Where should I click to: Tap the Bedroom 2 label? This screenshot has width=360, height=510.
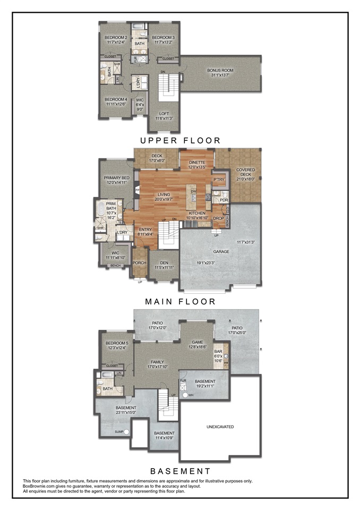click(x=115, y=38)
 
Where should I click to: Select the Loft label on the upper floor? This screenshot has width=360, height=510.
click(x=164, y=114)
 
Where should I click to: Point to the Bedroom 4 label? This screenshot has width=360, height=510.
click(x=115, y=99)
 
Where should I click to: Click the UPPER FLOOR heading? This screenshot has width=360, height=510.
click(x=180, y=141)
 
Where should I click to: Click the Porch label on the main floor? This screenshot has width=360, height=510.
click(x=139, y=262)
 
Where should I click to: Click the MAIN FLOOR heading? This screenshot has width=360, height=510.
click(x=180, y=301)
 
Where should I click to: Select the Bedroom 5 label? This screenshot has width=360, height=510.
click(x=116, y=344)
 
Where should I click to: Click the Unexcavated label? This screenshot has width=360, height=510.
click(x=220, y=427)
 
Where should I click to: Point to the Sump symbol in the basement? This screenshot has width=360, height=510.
click(x=126, y=432)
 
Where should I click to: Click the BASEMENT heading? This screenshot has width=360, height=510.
click(x=180, y=471)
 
